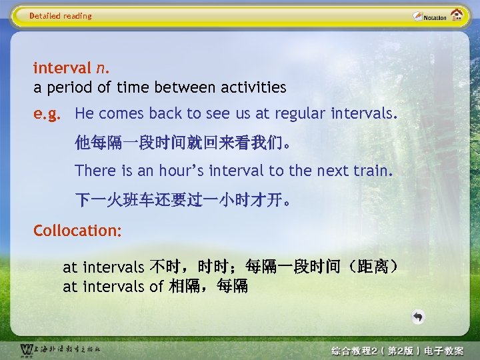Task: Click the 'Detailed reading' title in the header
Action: point(61,16)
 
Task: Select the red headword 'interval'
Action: point(62,68)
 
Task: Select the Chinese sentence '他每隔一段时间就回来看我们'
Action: point(182,143)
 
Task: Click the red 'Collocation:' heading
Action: point(77,231)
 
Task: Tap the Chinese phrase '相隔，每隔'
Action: point(208,287)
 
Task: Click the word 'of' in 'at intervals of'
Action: point(157,287)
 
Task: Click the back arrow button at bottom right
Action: point(417,317)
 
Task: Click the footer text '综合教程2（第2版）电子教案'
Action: point(397,351)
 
